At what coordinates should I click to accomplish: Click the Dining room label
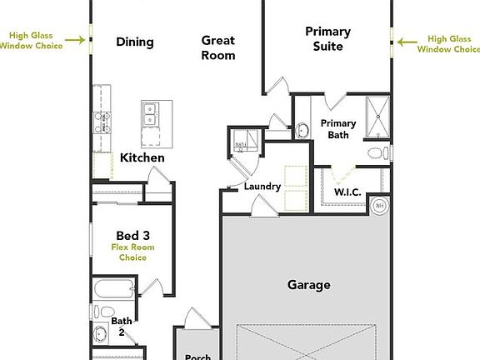tap(134, 42)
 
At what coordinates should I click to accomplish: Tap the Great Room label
tap(217, 47)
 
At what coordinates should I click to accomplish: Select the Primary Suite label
tap(327, 39)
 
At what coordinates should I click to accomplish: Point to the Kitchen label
tap(142, 157)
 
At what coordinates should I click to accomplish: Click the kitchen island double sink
tap(152, 114)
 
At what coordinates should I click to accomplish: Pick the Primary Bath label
tap(338, 129)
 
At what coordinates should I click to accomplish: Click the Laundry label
tap(262, 186)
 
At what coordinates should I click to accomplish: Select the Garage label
tap(308, 285)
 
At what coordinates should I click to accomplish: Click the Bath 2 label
tap(122, 326)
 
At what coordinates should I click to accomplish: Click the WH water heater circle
tap(379, 205)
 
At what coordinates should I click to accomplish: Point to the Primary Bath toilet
tap(375, 153)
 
